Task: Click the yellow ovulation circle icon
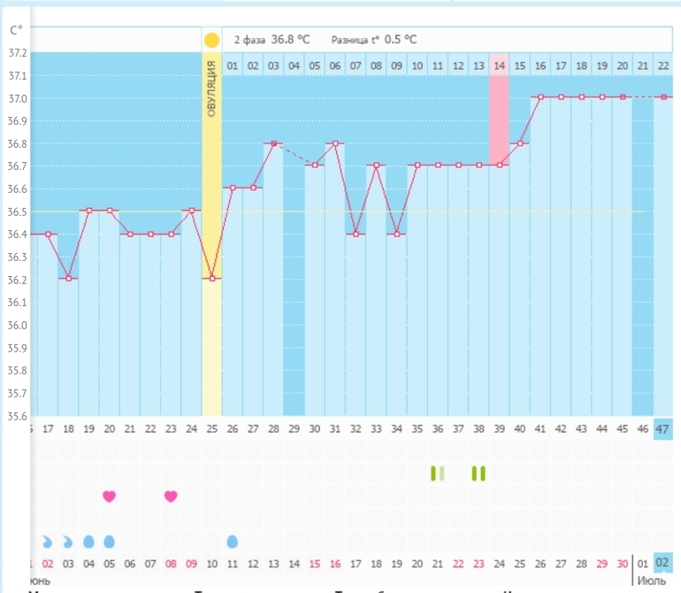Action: coord(211,40)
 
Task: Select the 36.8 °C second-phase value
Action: coord(290,40)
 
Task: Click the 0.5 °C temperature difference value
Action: coord(400,40)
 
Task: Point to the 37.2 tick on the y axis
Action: coord(17,53)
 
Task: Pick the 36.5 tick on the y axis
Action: coord(17,212)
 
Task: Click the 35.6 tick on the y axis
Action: coord(17,416)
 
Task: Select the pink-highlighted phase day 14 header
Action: coord(499,65)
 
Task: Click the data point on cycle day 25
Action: coord(211,279)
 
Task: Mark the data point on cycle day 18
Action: coord(69,279)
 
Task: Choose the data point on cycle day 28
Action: coord(273,143)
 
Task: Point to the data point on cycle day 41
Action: coord(539,97)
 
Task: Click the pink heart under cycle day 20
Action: coord(109,497)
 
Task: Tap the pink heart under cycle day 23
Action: coord(171,497)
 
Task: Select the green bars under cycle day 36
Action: coord(437,474)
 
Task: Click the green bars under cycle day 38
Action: coord(478,474)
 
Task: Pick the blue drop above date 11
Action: coord(233,541)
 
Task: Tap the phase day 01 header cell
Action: coord(233,65)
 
